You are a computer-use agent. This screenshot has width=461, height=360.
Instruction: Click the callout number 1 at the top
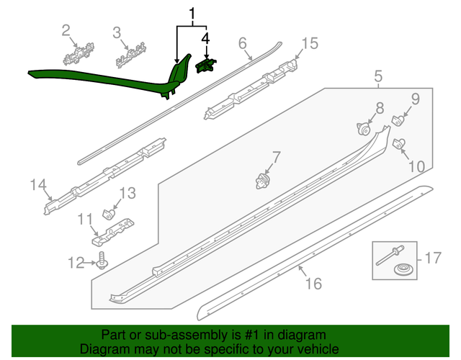click(x=192, y=14)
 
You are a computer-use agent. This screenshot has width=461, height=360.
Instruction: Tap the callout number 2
click(x=66, y=30)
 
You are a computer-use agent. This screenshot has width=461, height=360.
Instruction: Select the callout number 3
click(x=117, y=32)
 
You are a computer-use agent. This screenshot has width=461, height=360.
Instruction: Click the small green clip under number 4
click(x=205, y=66)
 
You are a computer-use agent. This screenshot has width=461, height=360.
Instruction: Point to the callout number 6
click(x=242, y=42)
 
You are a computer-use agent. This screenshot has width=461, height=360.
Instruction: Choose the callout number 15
click(x=309, y=43)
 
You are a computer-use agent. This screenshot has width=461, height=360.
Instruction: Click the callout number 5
click(x=377, y=76)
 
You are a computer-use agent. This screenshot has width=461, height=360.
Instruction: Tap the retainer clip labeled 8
click(x=364, y=130)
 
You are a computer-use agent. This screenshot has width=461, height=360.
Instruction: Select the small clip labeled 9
click(x=398, y=120)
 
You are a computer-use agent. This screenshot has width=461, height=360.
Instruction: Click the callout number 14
click(x=38, y=186)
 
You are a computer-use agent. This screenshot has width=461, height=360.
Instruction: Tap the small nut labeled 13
click(x=108, y=213)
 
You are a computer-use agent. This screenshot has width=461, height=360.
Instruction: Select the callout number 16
click(x=313, y=284)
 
